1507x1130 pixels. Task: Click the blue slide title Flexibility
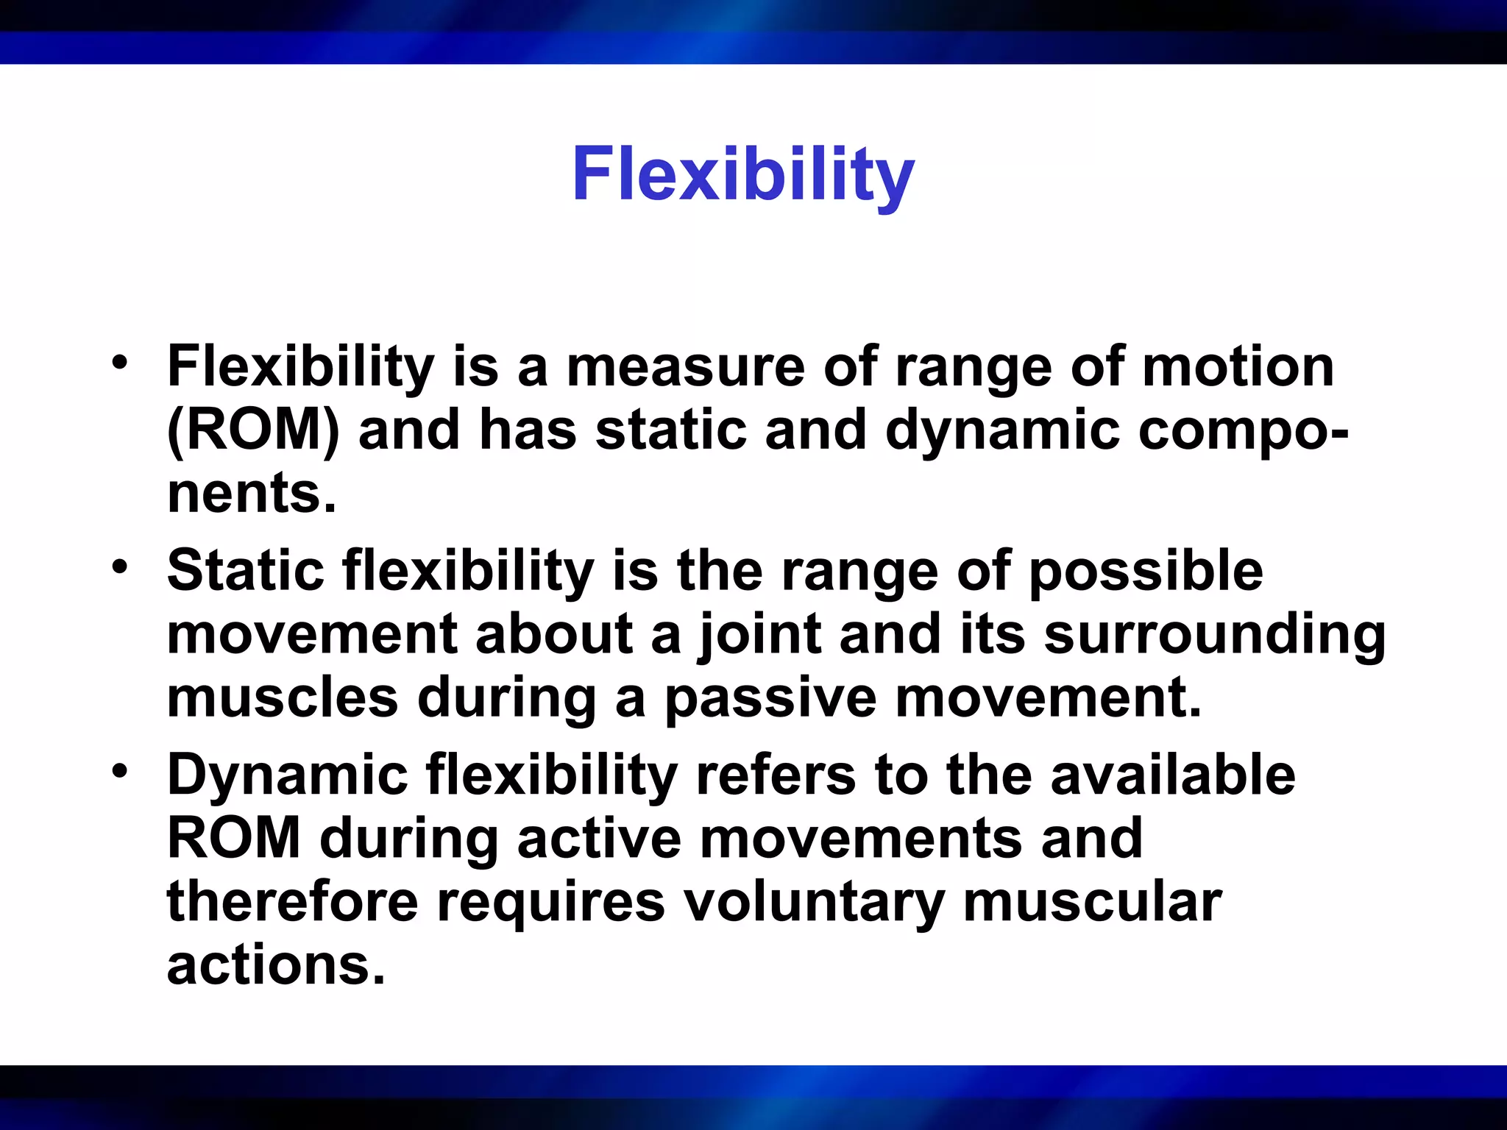(x=743, y=175)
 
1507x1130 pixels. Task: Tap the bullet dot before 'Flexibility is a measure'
(x=120, y=362)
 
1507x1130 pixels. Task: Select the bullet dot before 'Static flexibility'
(x=120, y=566)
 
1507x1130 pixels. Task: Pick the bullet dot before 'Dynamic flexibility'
(x=120, y=771)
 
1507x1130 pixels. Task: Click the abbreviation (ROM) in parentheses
(x=253, y=430)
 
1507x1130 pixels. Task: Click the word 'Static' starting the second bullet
(x=246, y=571)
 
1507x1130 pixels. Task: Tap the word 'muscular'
(x=1092, y=902)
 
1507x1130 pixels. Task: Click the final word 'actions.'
(x=276, y=965)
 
